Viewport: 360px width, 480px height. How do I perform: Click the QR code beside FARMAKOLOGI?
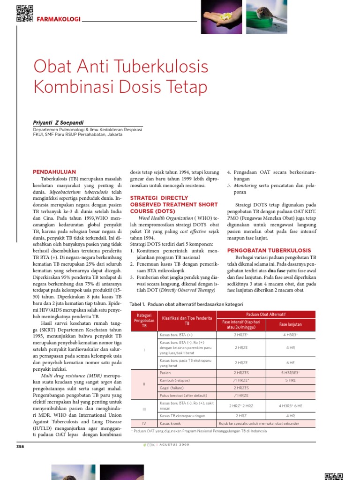(x=24, y=13)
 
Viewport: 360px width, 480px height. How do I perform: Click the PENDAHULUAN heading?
(x=54, y=172)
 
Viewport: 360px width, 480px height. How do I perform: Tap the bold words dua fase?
(x=277, y=270)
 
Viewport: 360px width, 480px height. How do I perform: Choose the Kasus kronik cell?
(x=170, y=423)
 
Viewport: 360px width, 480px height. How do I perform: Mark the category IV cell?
(x=144, y=423)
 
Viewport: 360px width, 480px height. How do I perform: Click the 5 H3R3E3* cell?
(x=290, y=372)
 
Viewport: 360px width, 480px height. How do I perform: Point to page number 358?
(x=20, y=446)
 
